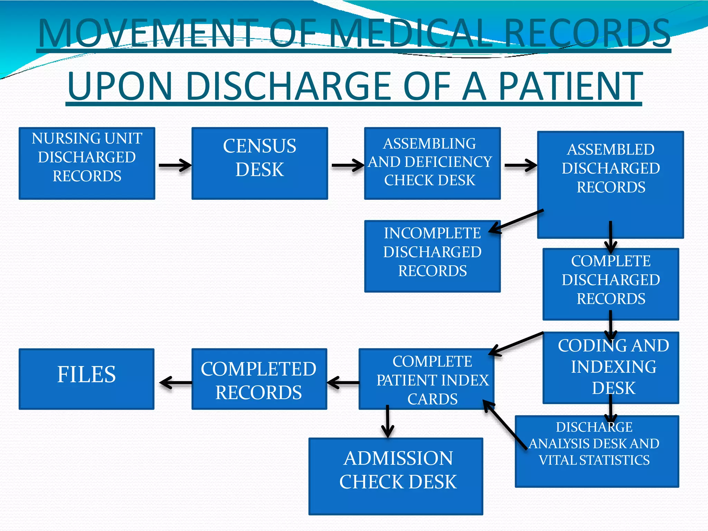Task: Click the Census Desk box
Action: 260,163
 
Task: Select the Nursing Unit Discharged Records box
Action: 87,163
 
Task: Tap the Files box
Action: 86,379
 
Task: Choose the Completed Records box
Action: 259,379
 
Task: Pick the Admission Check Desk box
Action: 396,476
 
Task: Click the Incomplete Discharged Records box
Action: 432,256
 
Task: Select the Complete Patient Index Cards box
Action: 426,379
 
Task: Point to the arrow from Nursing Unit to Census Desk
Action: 175,165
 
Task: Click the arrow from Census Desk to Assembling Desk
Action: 347,165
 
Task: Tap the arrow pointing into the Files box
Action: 175,383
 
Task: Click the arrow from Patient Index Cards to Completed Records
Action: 343,383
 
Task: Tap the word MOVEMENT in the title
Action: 149,34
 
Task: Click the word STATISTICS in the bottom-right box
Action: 614,460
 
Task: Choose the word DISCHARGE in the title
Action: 290,86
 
